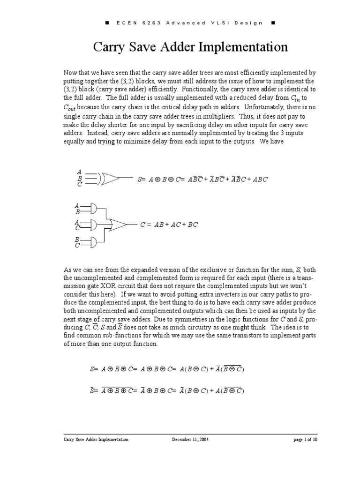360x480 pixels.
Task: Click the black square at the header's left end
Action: click(x=107, y=23)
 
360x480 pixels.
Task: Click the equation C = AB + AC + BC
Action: click(x=169, y=225)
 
